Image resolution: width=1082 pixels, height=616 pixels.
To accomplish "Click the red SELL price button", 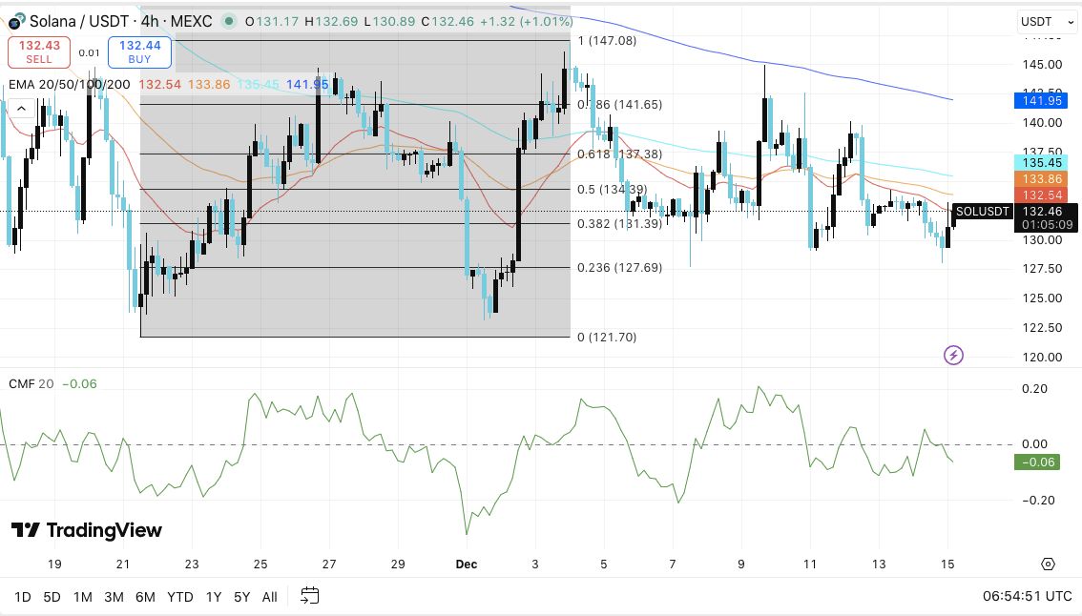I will point(39,51).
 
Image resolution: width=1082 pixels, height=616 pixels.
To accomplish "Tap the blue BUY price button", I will point(139,51).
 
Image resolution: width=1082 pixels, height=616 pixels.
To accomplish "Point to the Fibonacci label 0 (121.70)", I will point(607,337).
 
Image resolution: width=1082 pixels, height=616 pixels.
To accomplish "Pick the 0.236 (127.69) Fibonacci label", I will point(619,268).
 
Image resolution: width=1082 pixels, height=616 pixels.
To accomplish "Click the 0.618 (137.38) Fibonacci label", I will point(619,154).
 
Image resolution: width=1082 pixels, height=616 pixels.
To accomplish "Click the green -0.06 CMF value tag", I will point(1036,462).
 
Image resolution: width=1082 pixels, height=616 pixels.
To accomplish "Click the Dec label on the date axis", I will point(466,564).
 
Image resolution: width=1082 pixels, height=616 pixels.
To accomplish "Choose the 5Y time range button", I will point(241,597).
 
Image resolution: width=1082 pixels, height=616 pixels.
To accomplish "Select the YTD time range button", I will point(180,597).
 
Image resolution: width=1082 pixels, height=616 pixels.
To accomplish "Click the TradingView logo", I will point(87,530).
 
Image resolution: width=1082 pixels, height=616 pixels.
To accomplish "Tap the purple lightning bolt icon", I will point(953,356).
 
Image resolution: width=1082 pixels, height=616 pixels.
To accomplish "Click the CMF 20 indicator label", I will point(31,383).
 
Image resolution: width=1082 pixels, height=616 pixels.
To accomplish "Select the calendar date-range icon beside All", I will point(309,596).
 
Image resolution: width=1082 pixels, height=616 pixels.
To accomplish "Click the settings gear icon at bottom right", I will point(1048,564).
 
